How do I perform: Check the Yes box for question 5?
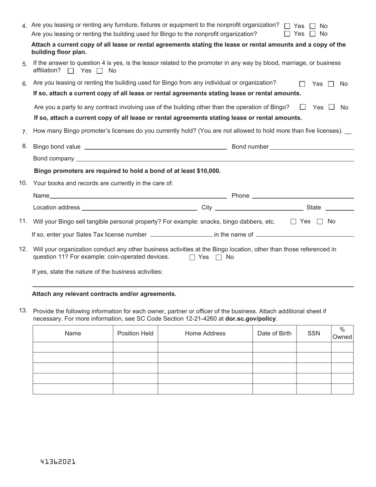(x=71, y=71)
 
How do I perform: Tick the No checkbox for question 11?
(x=320, y=222)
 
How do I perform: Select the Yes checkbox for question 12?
(x=192, y=257)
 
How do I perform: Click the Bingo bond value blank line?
(x=155, y=147)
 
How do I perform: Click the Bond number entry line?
(x=311, y=147)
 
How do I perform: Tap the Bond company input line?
(x=215, y=159)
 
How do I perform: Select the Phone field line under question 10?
(x=303, y=196)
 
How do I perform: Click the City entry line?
(x=259, y=207)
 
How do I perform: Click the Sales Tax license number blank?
(x=182, y=234)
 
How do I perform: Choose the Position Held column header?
(x=135, y=333)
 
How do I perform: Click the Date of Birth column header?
(x=274, y=333)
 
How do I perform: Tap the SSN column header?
(x=314, y=333)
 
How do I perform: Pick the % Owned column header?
(x=342, y=333)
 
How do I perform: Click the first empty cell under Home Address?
(x=205, y=347)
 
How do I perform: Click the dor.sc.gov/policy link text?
(x=251, y=319)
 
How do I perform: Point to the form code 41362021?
(x=58, y=462)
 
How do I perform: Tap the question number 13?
(x=23, y=311)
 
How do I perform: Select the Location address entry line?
(x=139, y=207)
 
